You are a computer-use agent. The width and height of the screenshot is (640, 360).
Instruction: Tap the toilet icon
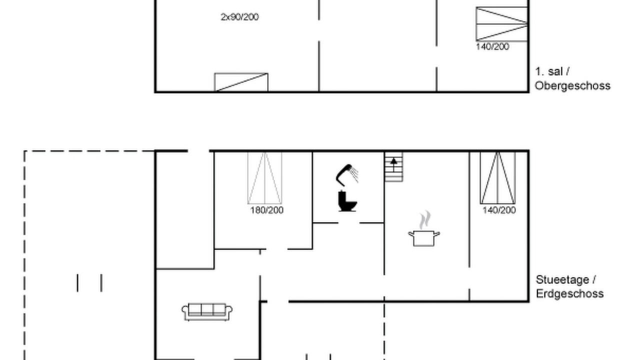(347, 201)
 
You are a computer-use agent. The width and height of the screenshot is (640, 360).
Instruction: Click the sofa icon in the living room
(207, 311)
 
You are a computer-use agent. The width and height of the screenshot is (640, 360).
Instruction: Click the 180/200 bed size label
(267, 210)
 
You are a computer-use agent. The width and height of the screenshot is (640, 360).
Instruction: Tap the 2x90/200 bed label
(239, 17)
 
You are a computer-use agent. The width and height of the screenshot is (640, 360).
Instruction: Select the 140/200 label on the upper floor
(492, 46)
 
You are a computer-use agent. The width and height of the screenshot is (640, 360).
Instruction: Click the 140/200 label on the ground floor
(499, 210)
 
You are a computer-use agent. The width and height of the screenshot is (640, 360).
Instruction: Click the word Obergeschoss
(572, 85)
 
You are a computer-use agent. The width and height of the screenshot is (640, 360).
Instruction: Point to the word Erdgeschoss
(569, 293)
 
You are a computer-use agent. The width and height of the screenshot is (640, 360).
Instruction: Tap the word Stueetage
(562, 279)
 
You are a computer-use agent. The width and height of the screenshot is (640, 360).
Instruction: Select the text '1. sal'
(549, 71)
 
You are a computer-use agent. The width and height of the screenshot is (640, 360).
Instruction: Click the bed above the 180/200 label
(265, 177)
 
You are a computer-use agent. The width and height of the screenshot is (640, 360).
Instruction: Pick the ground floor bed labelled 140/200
(497, 177)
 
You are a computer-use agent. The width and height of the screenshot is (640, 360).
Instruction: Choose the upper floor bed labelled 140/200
(501, 24)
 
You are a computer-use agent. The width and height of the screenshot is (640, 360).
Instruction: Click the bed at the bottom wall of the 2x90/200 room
(241, 82)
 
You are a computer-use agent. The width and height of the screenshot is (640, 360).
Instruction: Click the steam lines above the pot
(425, 219)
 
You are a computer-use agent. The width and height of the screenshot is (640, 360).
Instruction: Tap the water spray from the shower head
(354, 173)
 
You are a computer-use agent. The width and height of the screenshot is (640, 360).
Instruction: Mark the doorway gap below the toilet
(349, 223)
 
